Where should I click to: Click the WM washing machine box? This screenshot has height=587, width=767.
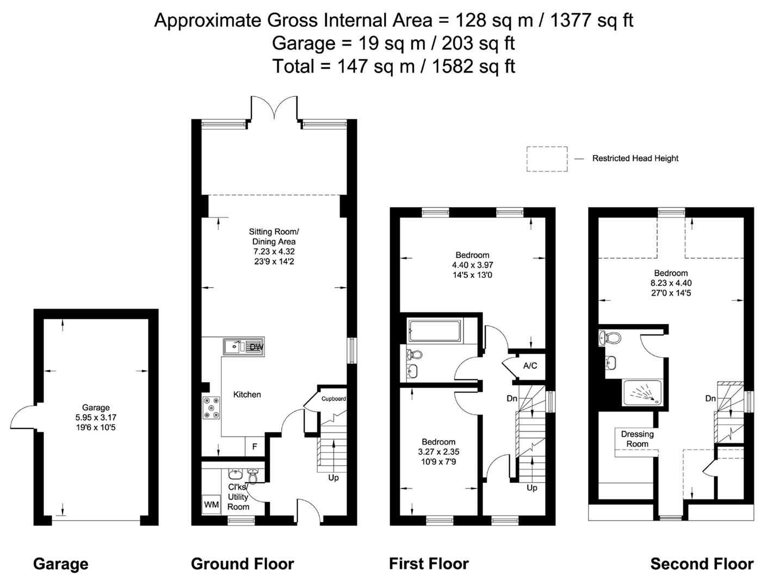211,505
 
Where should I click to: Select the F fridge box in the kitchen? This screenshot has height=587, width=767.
254,447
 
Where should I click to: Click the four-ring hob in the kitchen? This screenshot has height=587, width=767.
212,408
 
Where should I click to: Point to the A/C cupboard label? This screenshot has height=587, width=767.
530,366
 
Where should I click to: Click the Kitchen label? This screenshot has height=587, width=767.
247,395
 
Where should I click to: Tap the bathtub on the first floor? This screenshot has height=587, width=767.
435,331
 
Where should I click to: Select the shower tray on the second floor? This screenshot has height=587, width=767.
642,392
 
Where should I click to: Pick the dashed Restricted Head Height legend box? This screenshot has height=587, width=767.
546,159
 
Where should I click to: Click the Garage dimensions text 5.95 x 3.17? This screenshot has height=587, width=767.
96,417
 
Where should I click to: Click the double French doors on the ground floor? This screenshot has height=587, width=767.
274,108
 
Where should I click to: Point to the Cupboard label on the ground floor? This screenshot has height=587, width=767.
333,399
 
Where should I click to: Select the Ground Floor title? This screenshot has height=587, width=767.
242,564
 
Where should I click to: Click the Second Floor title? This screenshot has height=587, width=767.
702,564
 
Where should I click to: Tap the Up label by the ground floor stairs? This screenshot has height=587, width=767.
333,478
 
